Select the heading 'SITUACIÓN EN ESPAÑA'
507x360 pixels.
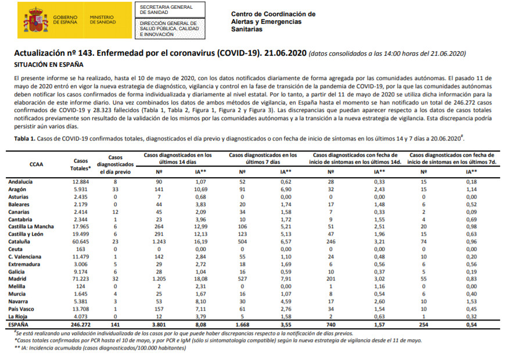(49, 64)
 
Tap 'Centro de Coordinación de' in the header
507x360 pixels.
(273, 14)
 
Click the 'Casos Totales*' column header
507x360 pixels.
(81, 164)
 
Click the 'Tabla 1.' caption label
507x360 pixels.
(26, 139)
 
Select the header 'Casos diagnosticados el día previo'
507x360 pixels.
(116, 164)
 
